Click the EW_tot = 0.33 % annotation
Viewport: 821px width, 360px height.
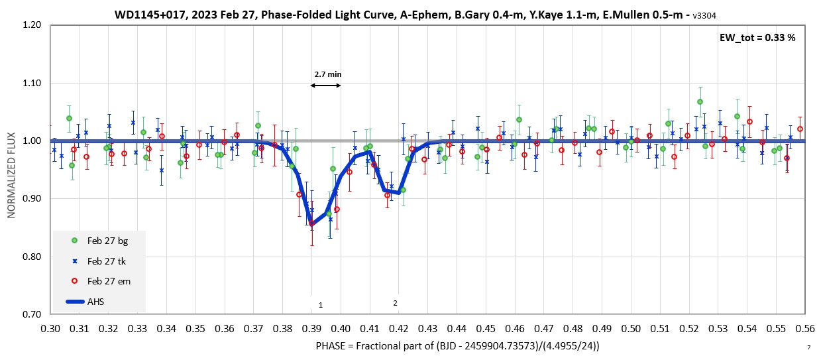coord(757,38)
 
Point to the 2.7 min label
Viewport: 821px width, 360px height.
coord(327,74)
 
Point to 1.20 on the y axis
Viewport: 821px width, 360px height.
coord(32,25)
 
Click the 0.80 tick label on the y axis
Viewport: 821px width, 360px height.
coord(32,257)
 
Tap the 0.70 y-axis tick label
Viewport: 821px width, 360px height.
coord(32,314)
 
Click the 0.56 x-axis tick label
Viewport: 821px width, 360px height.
coord(804,328)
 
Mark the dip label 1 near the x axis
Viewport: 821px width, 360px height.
coord(321,304)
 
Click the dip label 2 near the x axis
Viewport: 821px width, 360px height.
coord(396,303)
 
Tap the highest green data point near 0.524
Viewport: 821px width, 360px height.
coord(700,102)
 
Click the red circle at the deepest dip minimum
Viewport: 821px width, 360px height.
coord(312,224)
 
